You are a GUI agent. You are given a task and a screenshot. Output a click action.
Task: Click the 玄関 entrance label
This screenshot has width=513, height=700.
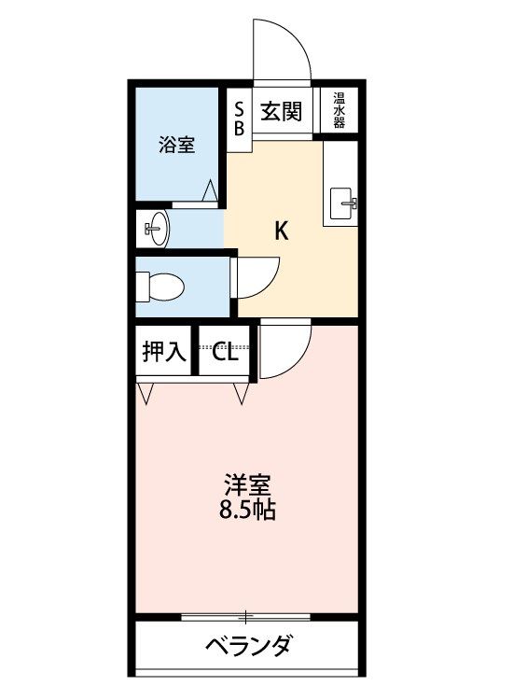click(x=281, y=111)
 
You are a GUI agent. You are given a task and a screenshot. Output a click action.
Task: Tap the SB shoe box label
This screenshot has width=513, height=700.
click(x=239, y=119)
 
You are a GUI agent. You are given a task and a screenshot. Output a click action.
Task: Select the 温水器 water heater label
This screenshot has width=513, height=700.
click(x=339, y=110)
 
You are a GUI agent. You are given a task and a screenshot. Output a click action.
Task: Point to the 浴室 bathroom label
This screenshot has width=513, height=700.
click(x=177, y=145)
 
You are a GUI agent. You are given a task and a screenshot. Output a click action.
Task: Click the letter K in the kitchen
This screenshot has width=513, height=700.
click(x=281, y=231)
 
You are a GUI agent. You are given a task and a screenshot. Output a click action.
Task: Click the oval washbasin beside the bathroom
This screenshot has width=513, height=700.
click(x=157, y=228)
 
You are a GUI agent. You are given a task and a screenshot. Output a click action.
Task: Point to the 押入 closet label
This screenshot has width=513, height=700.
click(x=164, y=352)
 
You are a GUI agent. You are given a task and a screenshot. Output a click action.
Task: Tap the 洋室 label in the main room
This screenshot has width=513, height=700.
click(x=247, y=485)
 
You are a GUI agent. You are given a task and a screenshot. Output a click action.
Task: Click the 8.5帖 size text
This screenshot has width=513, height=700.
click(x=246, y=510)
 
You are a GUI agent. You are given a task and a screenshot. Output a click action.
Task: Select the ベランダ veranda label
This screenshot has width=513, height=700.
click(x=249, y=646)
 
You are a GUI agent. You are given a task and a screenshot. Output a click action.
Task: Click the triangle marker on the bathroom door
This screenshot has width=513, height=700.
click(x=210, y=190)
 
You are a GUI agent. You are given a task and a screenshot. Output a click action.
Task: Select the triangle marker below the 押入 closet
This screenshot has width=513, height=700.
click(x=146, y=393)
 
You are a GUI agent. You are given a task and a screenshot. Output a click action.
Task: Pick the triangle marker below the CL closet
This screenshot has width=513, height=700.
click(x=241, y=393)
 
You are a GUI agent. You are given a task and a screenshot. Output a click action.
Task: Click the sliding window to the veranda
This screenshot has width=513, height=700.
click(x=245, y=618)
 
